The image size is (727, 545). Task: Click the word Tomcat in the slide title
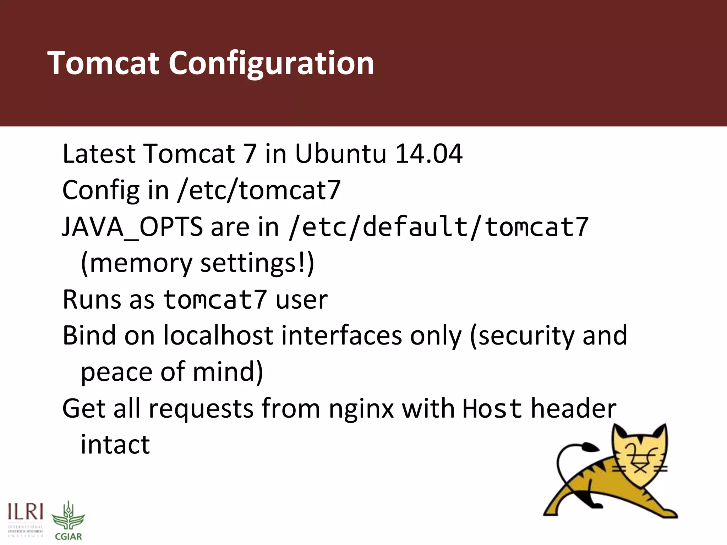103,63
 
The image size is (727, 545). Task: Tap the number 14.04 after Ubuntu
429,154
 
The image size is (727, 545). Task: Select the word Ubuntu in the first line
340,154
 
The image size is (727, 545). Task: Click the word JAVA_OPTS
132,227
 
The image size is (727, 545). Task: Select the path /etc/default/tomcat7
439,227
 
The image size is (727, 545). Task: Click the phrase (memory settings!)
197,263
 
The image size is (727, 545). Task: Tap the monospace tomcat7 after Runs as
215,300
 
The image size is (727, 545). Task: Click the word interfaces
341,335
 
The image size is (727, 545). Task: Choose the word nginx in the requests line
361,409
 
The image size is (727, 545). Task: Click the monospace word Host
492,409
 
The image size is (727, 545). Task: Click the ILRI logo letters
26,512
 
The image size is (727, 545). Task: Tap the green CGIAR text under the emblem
69,536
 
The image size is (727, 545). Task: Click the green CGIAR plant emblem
69,516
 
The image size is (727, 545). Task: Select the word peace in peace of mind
117,372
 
